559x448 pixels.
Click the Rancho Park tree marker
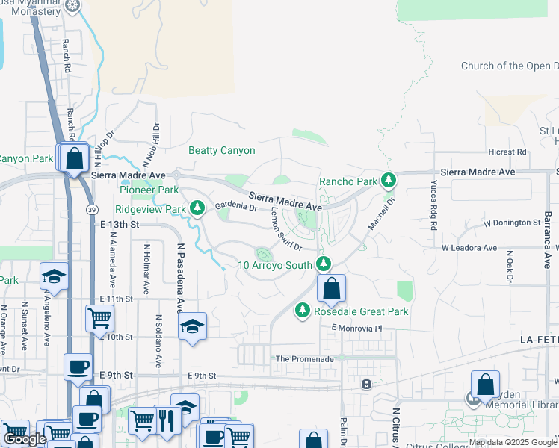(x=388, y=181)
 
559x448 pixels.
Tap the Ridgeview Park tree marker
(x=197, y=208)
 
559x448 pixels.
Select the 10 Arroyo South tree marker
(x=324, y=264)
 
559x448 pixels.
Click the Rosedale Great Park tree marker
(x=303, y=309)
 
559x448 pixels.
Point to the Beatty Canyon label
(x=222, y=151)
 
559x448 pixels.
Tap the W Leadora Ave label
(x=469, y=248)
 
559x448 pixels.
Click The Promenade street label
(x=304, y=359)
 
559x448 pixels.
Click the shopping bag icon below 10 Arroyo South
(x=330, y=287)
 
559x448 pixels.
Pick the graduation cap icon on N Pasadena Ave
(x=192, y=326)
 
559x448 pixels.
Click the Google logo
(x=25, y=438)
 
